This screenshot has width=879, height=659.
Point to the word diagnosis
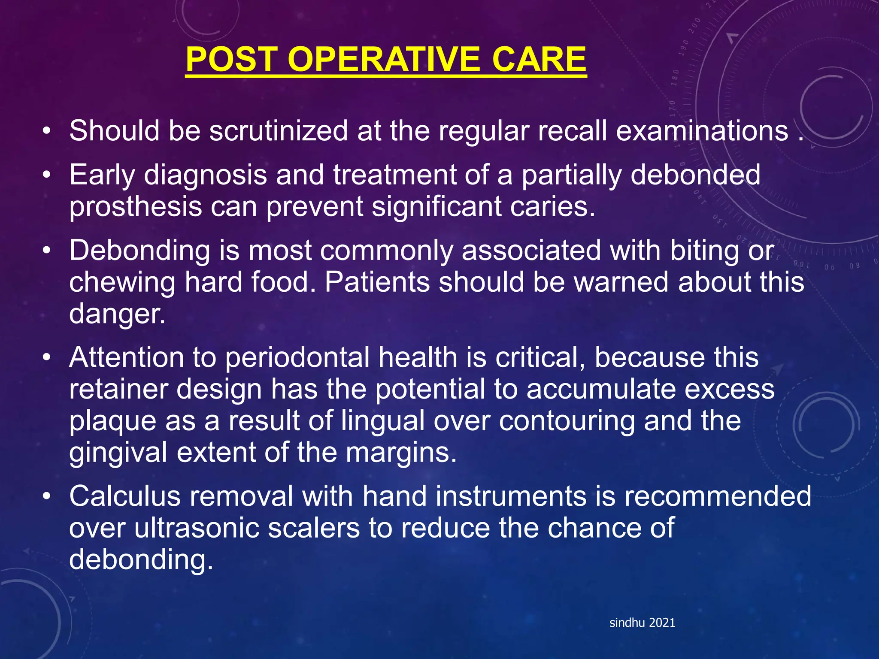tap(205, 175)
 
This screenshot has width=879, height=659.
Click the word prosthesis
tap(136, 207)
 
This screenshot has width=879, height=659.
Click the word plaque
tap(112, 421)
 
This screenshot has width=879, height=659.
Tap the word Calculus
tap(125, 496)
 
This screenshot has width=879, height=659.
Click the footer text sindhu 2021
tap(642, 623)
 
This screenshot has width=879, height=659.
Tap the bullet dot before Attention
tap(47, 357)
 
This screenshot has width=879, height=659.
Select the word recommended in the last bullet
tap(718, 496)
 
